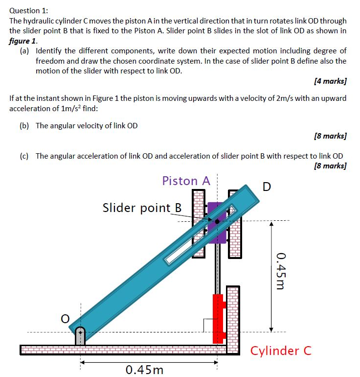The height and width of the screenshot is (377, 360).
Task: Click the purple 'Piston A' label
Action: [x=186, y=181]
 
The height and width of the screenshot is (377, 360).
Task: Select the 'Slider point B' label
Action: [x=142, y=208]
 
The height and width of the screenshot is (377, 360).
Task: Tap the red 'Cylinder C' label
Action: [x=281, y=351]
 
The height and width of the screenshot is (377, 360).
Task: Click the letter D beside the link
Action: [x=267, y=187]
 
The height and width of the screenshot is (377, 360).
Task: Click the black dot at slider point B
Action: [x=217, y=221]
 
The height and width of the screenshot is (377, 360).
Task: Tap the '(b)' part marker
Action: [x=24, y=126]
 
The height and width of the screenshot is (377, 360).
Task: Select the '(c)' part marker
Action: [x=24, y=156]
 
